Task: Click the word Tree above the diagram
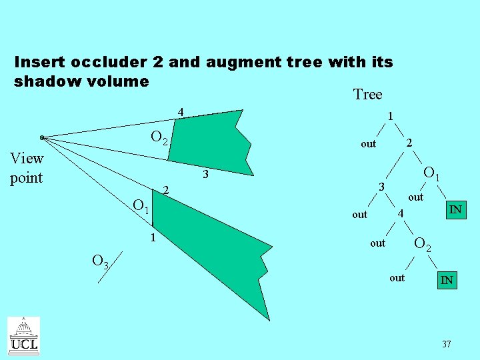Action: pyautogui.click(x=367, y=95)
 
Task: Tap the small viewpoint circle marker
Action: pyautogui.click(x=42, y=138)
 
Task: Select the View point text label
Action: pyautogui.click(x=27, y=168)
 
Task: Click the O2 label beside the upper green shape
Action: pyautogui.click(x=161, y=138)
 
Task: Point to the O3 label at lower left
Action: pyautogui.click(x=101, y=262)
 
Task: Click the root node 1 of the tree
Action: pyautogui.click(x=390, y=117)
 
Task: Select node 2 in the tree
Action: pyautogui.click(x=410, y=142)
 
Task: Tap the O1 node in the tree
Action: pyautogui.click(x=431, y=175)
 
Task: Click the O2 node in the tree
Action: pyautogui.click(x=423, y=245)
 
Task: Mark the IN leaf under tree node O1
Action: pyautogui.click(x=455, y=211)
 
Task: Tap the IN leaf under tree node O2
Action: pyautogui.click(x=447, y=281)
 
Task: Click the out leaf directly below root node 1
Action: pyautogui.click(x=368, y=144)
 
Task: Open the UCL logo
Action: pyautogui.click(x=23, y=335)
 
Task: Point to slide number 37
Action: pyautogui.click(x=446, y=345)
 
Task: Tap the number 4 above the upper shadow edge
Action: pyautogui.click(x=180, y=111)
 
